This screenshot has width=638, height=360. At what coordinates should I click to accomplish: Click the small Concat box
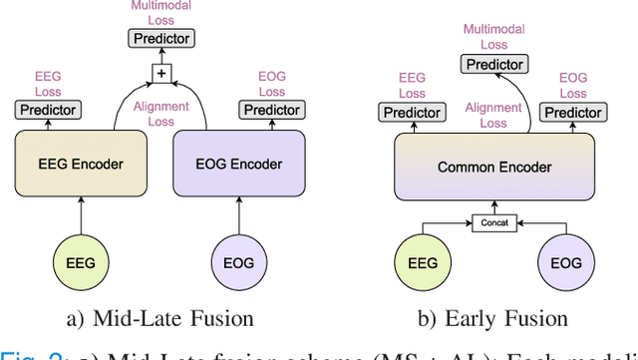pyautogui.click(x=493, y=222)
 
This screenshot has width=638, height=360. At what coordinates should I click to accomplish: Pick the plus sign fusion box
pyautogui.click(x=161, y=73)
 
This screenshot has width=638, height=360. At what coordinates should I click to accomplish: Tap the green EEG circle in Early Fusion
pyautogui.click(x=424, y=263)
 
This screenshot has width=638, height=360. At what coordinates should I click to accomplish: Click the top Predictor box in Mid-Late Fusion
pyautogui.click(x=161, y=38)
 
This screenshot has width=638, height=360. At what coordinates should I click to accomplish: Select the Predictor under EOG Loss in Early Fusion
pyautogui.click(x=573, y=113)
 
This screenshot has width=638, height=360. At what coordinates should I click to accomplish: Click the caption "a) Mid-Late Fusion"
pyautogui.click(x=160, y=319)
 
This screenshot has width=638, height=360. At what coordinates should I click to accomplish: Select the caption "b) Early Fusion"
pyautogui.click(x=493, y=319)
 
